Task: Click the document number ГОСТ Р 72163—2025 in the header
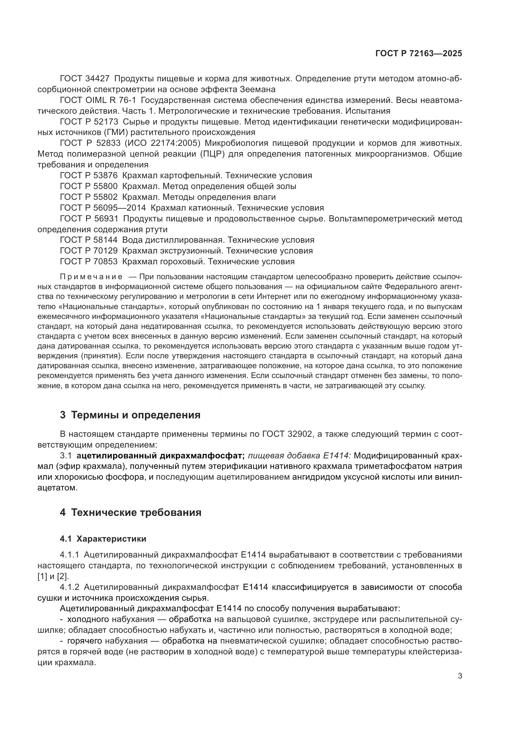[419, 53]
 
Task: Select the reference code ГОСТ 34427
[85, 79]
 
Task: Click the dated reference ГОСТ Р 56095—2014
[103, 207]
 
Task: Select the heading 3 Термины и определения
[130, 415]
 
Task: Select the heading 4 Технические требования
[130, 512]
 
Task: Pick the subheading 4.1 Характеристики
[103, 539]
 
